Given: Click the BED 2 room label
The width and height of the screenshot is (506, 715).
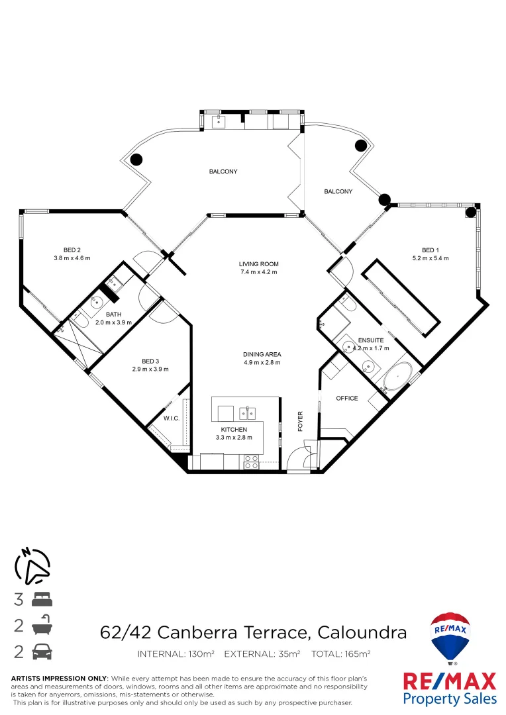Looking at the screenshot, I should [x=72, y=250].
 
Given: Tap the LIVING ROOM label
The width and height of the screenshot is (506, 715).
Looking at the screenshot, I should [x=258, y=264].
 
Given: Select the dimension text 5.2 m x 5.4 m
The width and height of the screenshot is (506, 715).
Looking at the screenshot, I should [x=430, y=258].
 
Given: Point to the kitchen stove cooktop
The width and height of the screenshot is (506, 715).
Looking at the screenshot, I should [x=252, y=461].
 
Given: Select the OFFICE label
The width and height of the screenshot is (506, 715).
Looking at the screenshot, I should [x=346, y=399].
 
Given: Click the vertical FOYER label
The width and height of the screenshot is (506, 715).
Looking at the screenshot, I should [x=300, y=421].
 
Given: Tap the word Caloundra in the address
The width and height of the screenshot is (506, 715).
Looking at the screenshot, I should [x=362, y=632].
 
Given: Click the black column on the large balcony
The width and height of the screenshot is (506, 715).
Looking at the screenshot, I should [x=136, y=160].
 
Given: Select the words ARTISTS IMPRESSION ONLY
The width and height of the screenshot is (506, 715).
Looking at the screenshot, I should [x=59, y=679].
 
